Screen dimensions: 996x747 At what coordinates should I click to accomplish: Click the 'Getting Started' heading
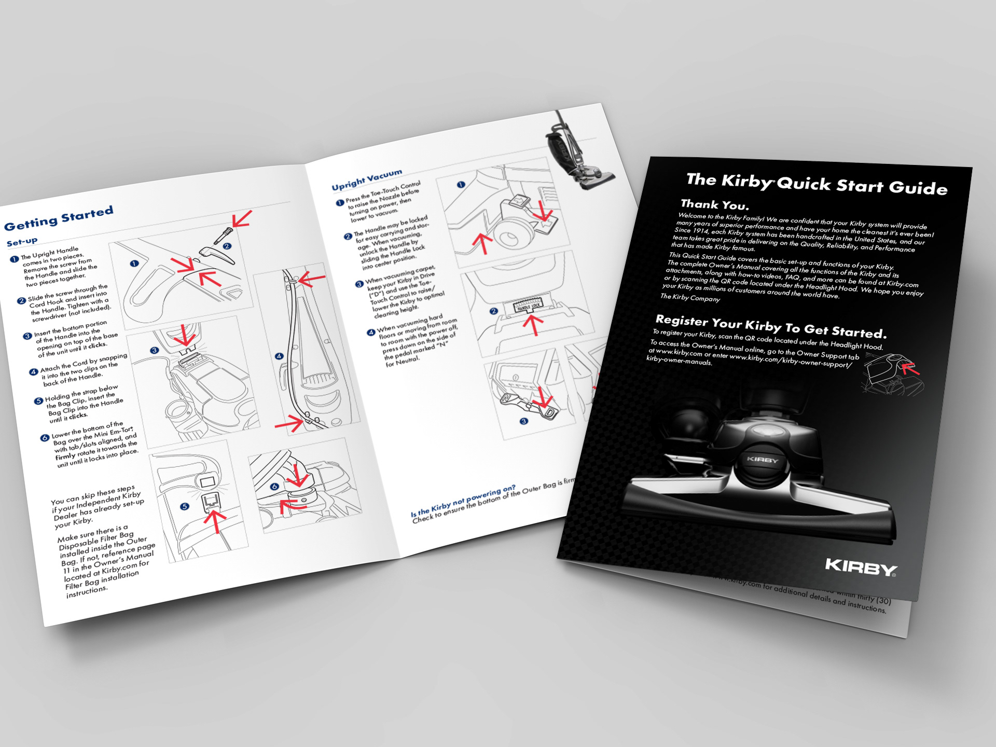coord(59,219)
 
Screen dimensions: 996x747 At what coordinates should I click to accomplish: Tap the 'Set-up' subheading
coord(22,242)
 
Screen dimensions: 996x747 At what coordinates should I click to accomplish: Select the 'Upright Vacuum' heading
coord(367,179)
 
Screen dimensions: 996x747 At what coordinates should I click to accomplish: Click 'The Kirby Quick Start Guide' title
coord(817,184)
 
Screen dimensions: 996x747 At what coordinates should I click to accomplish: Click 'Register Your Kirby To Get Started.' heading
coord(771,326)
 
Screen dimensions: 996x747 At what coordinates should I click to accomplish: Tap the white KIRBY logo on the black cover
coord(861,567)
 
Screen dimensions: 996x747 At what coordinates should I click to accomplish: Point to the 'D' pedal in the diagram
coord(550,412)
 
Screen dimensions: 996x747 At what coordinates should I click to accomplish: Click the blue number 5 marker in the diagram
coord(184,506)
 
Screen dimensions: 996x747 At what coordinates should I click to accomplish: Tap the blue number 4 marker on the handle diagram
coord(279,356)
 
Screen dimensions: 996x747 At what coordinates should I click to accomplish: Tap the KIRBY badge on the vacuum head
coord(762,460)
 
